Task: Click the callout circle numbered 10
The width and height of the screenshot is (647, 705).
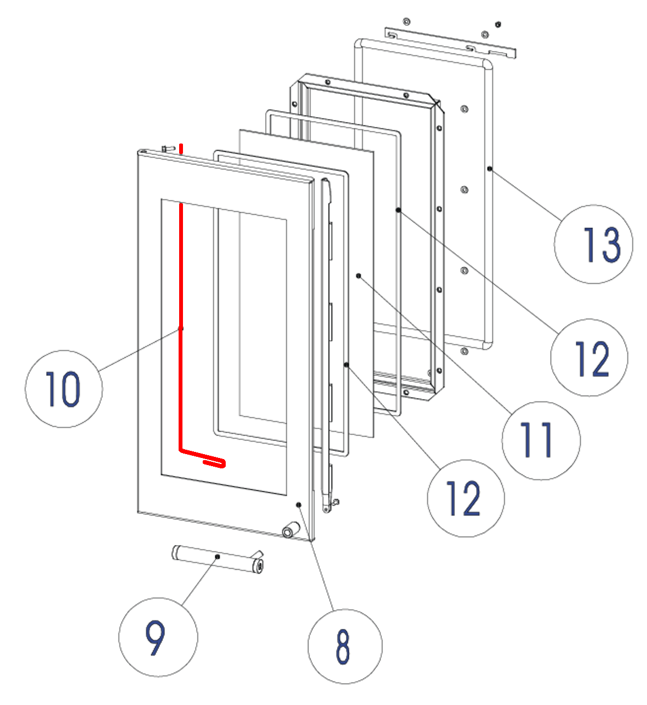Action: point(64,388)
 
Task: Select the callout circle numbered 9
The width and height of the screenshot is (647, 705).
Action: point(158,637)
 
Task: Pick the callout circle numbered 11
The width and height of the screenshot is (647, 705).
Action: point(541,440)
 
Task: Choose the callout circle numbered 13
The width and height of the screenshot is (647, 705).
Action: point(594,244)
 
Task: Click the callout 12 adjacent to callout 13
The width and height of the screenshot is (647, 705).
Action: point(589,358)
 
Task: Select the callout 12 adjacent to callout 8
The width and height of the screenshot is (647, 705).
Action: point(466,498)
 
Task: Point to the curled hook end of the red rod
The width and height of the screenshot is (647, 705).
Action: point(215,462)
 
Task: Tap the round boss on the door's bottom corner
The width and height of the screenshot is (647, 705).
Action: point(290,530)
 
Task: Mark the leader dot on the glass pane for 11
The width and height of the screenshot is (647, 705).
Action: point(359,276)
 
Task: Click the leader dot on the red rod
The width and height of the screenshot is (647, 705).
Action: point(181,329)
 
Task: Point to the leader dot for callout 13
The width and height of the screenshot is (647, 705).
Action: point(489,169)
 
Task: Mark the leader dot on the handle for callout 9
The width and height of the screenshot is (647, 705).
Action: point(217,557)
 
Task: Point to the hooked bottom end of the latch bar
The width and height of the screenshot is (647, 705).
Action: point(328,507)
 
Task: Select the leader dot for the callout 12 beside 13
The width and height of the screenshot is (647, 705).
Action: point(398,210)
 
